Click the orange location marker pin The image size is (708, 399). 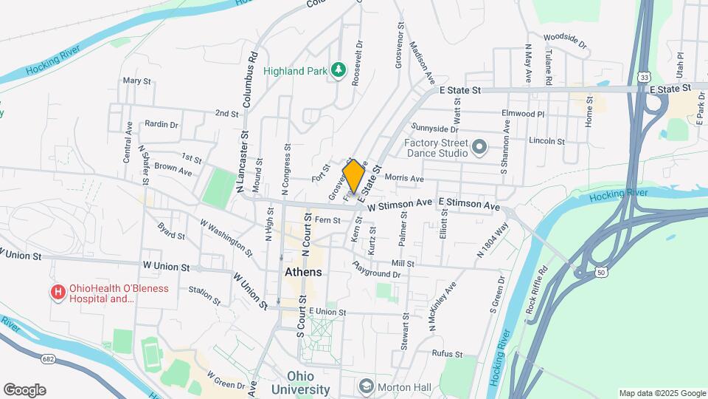click(x=353, y=177)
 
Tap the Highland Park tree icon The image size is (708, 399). click(x=339, y=69)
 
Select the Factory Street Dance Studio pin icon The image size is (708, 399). click(x=479, y=147)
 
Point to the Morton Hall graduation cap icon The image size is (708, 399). click(x=366, y=386)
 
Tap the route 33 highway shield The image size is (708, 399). click(x=645, y=77)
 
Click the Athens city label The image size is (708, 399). click(x=303, y=272)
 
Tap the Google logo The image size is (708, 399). click(x=24, y=390)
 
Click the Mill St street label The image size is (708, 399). click(x=403, y=263)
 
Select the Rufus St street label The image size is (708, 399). click(x=447, y=354)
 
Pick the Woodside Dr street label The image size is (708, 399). click(x=565, y=40)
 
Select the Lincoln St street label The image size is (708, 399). click(x=546, y=140)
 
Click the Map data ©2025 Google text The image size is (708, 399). click(x=662, y=393)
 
